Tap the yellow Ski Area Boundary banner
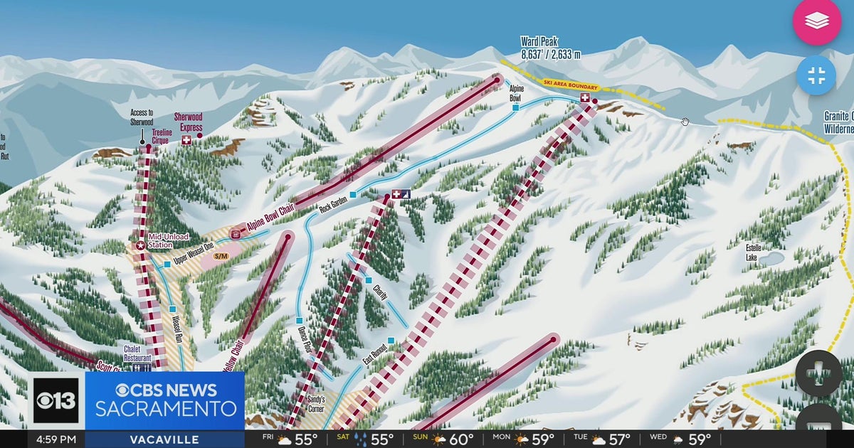coord(571,84)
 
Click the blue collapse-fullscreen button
coord(816,75)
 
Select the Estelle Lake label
coord(752,252)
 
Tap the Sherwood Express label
coord(189,122)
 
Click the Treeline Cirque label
coord(161,137)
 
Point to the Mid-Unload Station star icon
coord(140,245)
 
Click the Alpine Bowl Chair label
coord(270,220)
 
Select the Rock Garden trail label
coord(334,208)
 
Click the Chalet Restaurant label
coord(137,353)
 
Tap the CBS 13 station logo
coord(56,400)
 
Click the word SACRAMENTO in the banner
coord(167,409)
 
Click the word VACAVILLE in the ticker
coord(164,439)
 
